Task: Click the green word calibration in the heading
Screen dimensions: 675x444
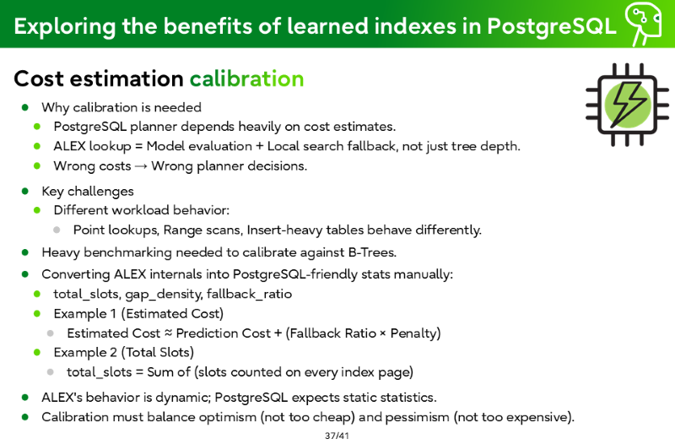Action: point(246,79)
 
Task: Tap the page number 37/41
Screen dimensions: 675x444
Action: point(337,436)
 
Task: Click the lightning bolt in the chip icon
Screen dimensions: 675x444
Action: point(628,105)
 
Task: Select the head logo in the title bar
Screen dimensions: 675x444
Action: point(644,24)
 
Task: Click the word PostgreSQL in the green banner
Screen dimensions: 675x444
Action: point(552,26)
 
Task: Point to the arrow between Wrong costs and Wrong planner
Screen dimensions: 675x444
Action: point(141,166)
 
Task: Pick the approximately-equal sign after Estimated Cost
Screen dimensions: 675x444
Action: point(168,333)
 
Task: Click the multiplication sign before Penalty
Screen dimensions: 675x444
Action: point(383,333)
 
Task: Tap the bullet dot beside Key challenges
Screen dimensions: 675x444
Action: point(25,191)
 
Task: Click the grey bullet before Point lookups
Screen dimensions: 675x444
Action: point(57,230)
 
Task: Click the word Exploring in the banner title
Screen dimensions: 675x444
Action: point(65,27)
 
